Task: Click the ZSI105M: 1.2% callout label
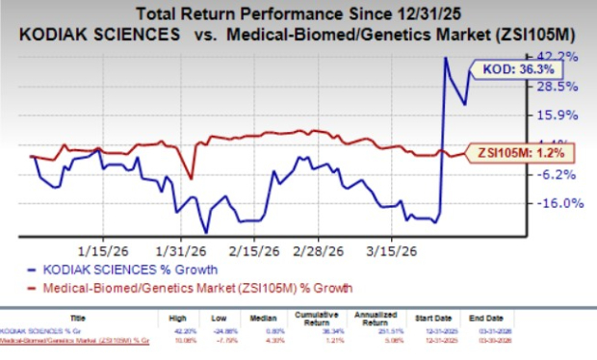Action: pos(507,152)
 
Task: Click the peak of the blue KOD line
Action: pos(446,58)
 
